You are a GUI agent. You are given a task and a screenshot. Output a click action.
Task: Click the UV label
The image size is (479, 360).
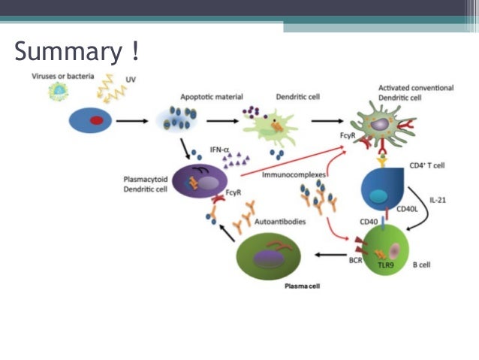[121, 78]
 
